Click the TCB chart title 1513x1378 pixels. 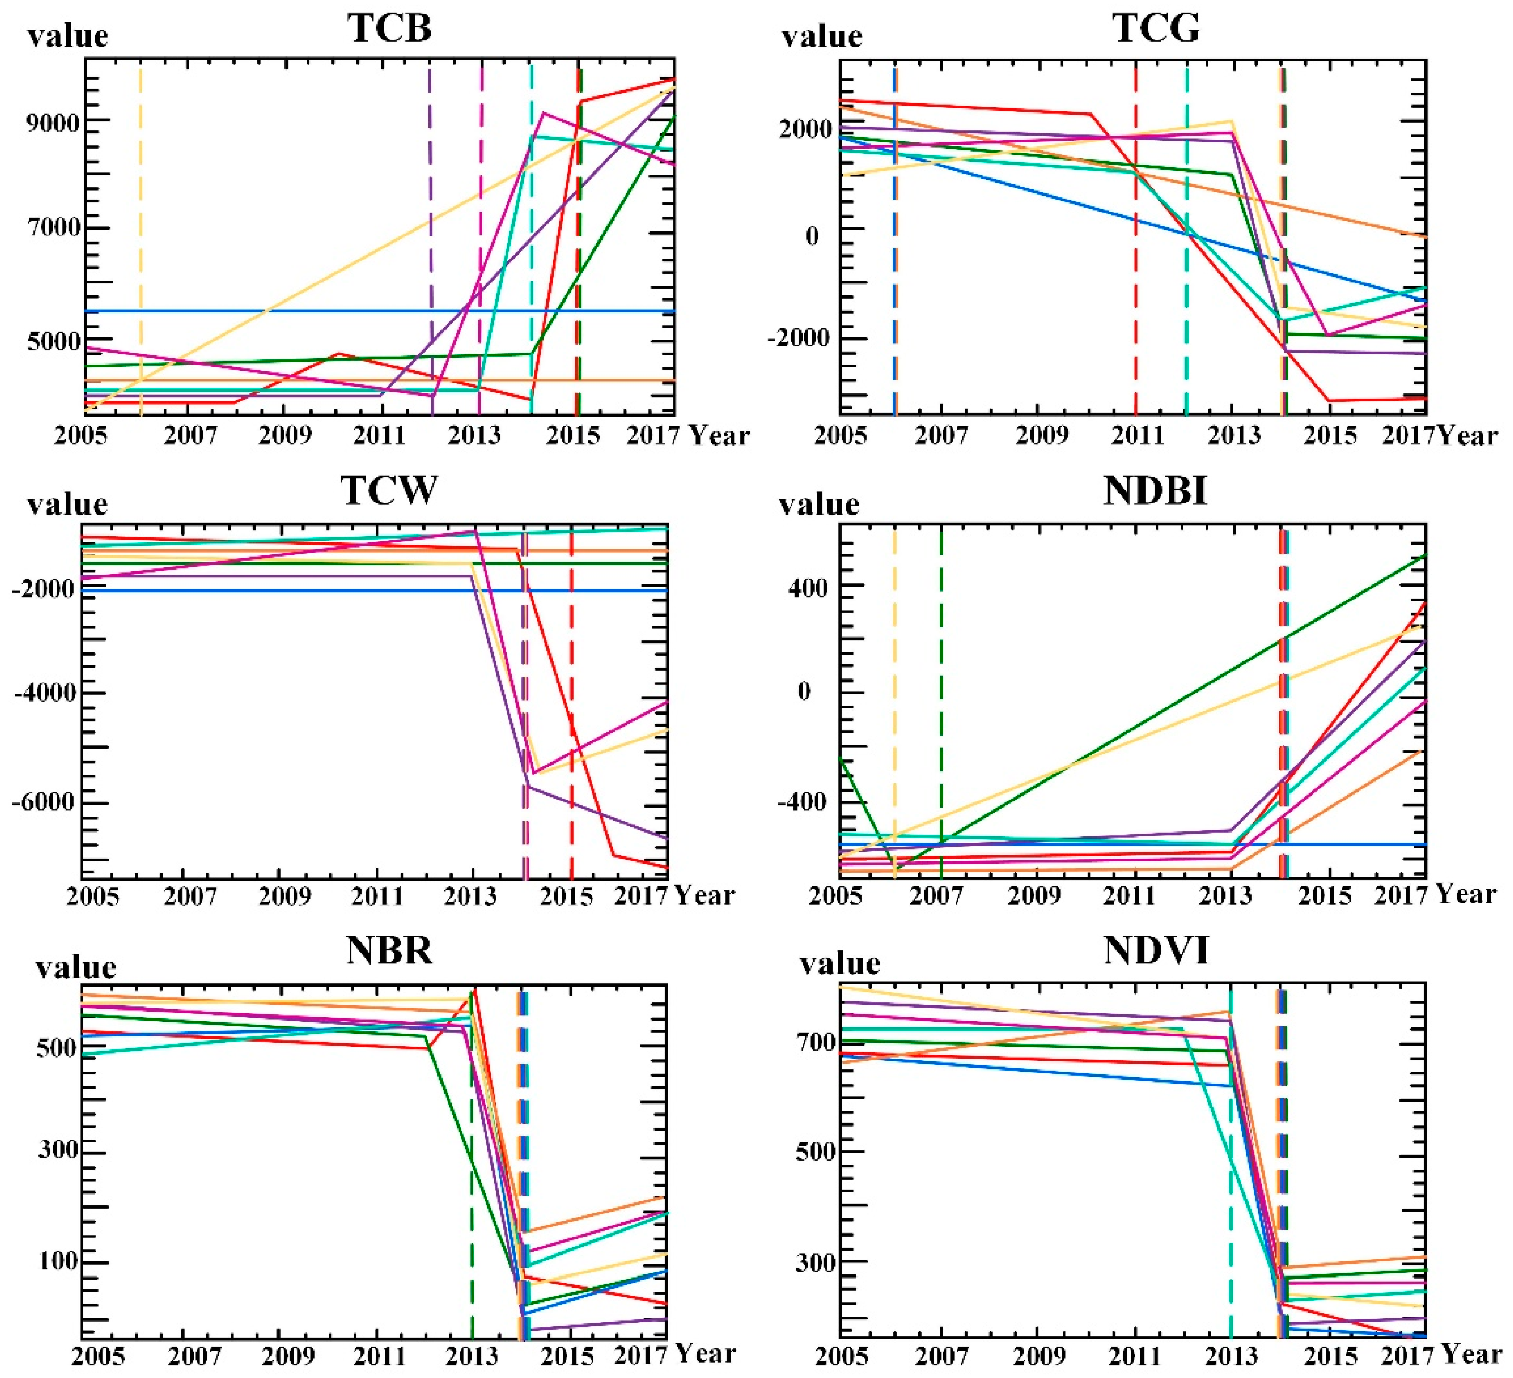coord(390,28)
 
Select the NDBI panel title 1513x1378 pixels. coord(1156,490)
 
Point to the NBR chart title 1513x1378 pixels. coord(390,950)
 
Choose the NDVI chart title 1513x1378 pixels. coord(1157,950)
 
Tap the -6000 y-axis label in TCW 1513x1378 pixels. coord(45,801)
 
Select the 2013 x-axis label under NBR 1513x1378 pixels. coord(471,1357)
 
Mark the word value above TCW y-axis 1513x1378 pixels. coord(68,504)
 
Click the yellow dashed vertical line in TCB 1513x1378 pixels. coord(141,225)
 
